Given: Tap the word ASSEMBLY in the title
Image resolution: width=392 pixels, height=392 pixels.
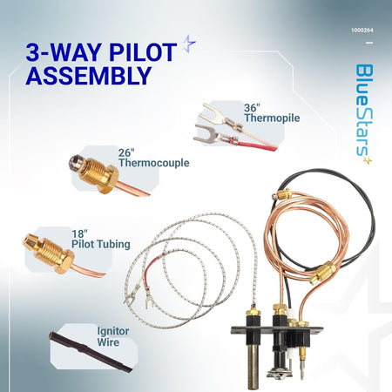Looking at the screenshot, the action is pos(89,76).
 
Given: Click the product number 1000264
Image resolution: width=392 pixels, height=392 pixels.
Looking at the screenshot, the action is pos(362,30).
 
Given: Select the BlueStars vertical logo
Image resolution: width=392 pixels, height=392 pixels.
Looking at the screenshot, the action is pos(364,113).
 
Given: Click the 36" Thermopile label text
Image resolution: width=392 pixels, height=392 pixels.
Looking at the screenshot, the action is pos(272,113).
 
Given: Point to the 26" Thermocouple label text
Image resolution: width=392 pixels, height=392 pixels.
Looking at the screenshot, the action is pos(153,158).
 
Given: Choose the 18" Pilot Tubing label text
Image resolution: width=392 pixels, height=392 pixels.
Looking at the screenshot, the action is pos(101,240).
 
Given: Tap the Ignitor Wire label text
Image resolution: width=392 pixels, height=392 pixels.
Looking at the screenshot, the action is pos(113,336).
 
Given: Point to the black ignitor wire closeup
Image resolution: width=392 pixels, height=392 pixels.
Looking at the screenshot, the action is pos(91,352).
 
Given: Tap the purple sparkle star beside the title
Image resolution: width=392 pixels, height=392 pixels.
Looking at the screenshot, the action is pos(189,44).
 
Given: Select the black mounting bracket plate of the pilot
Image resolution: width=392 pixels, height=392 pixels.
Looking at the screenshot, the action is pos(277,330).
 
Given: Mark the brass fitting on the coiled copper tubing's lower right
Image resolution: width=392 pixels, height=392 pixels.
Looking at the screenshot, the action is pos(322,273).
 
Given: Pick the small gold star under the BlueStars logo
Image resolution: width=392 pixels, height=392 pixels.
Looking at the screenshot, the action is pos(368,160).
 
